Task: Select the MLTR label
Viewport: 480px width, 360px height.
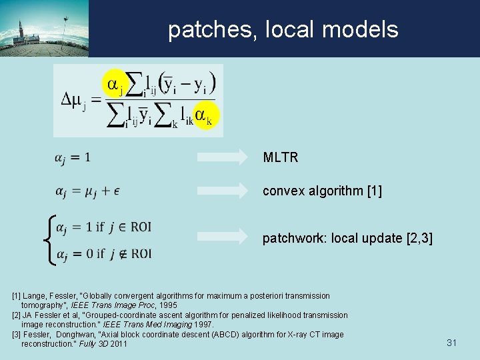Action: (x=281, y=158)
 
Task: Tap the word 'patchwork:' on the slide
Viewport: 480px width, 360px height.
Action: (x=291, y=237)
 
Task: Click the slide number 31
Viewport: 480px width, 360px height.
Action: (x=451, y=343)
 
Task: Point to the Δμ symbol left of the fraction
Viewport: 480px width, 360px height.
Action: (x=73, y=101)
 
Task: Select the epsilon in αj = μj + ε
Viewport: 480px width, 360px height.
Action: (x=117, y=192)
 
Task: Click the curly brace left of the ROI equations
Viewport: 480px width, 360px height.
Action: (x=47, y=239)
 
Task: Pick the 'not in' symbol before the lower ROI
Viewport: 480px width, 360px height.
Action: (x=121, y=253)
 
